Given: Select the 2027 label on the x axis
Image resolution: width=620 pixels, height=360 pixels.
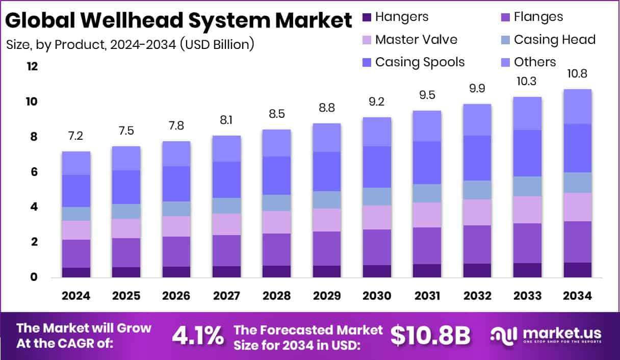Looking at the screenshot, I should click(226, 296).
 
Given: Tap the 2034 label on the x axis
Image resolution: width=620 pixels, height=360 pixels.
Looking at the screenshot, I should click(577, 296).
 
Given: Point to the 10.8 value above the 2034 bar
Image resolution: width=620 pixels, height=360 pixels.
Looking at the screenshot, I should click(577, 73).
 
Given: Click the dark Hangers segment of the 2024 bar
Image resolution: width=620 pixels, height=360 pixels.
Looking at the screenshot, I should click(76, 272).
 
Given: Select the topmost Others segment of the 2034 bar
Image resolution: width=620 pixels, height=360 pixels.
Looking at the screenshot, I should click(577, 107).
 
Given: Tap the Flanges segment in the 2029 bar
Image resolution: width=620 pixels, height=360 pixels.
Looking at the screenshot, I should click(326, 248).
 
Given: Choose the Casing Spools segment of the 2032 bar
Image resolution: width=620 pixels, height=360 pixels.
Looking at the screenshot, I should click(477, 158).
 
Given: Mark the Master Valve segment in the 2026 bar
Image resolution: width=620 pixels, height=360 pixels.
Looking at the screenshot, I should click(176, 226).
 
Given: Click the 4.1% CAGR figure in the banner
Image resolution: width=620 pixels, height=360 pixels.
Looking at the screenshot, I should click(197, 336).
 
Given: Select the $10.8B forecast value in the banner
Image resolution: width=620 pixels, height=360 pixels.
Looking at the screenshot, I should click(430, 336).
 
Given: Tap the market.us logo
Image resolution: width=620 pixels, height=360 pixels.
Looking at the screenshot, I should click(546, 335).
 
